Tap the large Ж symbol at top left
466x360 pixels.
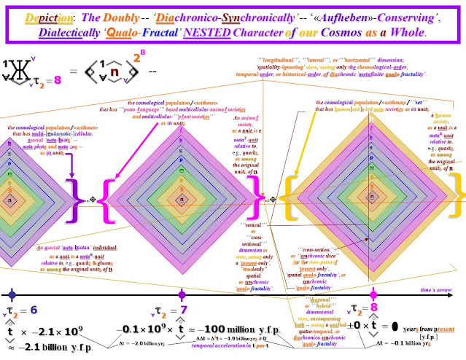[20, 74]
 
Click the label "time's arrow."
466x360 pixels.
[438, 289]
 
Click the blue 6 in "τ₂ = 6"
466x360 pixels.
[33, 309]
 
